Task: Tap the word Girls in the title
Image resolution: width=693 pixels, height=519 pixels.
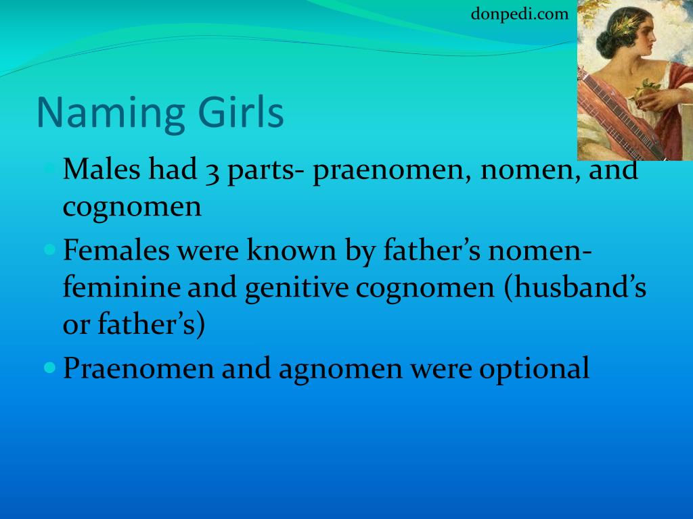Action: point(241,112)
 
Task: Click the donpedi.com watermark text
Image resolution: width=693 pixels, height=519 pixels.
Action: point(519,14)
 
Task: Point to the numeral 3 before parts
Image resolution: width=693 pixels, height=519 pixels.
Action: point(212,172)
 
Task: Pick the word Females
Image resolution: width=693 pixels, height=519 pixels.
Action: point(116,250)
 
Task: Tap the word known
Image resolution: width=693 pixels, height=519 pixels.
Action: point(292,249)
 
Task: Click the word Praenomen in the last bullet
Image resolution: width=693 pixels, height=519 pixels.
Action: point(139,368)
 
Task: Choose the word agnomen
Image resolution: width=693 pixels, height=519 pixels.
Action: point(341,370)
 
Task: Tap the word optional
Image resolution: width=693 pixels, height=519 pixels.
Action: point(535,369)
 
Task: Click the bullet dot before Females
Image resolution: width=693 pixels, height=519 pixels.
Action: point(50,250)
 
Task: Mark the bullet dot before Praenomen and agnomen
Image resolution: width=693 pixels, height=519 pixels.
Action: point(50,367)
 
